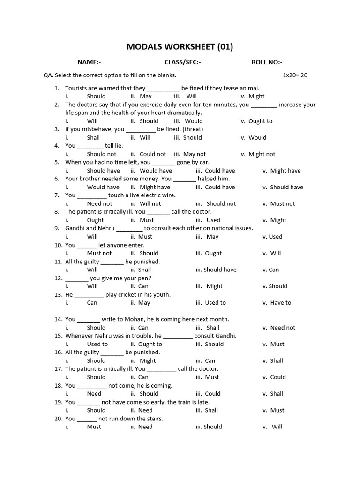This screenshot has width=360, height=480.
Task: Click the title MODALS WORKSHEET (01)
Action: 180,46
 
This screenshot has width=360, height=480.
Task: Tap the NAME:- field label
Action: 89,62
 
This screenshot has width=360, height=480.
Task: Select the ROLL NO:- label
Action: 267,62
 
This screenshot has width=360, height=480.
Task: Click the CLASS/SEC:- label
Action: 182,62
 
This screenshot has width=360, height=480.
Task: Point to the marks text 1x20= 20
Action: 295,75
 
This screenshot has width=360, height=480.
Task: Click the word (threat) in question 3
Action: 193,129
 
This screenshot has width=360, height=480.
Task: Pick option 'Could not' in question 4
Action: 153,154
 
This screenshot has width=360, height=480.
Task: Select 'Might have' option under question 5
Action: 285,171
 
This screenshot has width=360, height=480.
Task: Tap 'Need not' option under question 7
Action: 99,203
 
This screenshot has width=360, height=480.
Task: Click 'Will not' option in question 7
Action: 150,203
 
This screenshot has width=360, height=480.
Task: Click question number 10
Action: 58,245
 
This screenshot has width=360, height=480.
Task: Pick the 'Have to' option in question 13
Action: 280,303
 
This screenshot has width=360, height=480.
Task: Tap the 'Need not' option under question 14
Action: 283,328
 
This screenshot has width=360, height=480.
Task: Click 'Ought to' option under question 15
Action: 150,344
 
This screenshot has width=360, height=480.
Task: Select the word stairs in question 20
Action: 154,419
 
